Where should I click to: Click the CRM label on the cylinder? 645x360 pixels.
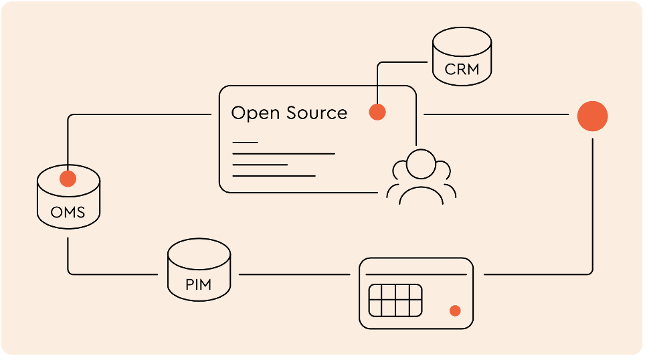click(462, 70)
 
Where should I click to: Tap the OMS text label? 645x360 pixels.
click(68, 213)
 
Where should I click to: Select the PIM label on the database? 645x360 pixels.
click(198, 284)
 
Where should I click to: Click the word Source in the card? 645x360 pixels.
click(316, 113)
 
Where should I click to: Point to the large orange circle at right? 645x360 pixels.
click(592, 116)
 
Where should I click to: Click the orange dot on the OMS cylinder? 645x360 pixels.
click(68, 179)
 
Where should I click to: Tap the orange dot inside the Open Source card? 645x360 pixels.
click(377, 112)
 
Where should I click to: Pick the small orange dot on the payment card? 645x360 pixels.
click(455, 310)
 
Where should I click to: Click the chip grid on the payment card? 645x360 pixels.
click(395, 300)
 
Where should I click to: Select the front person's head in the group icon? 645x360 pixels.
click(421, 165)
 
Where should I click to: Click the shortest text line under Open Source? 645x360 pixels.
click(245, 143)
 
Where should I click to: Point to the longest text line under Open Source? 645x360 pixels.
click(283, 154)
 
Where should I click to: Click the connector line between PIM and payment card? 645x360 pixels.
click(294, 274)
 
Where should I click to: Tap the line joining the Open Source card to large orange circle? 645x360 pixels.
click(495, 115)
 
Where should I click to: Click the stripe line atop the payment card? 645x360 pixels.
click(416, 275)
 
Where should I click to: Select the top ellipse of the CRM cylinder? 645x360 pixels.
click(462, 41)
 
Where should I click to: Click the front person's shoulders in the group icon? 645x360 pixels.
click(421, 195)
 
